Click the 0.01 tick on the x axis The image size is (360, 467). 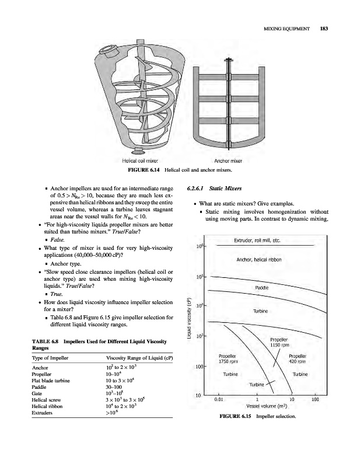(x=218, y=400)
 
